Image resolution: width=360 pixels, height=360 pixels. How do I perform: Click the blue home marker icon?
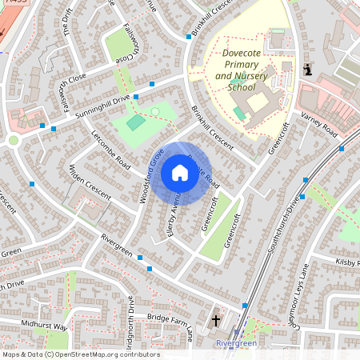point(180,173)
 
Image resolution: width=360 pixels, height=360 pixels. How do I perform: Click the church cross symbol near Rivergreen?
point(215,321)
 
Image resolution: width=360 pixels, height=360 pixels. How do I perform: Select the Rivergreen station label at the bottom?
point(236,343)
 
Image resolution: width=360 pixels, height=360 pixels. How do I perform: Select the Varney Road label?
point(318,125)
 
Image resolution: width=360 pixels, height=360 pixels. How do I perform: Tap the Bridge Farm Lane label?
point(170,324)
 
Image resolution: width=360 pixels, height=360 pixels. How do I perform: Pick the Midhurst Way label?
point(46,326)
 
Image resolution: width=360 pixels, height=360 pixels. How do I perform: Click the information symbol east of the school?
point(308,70)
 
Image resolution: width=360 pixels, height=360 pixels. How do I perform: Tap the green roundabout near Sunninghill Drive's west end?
point(14,141)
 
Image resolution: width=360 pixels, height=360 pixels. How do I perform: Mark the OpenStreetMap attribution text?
point(80,354)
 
